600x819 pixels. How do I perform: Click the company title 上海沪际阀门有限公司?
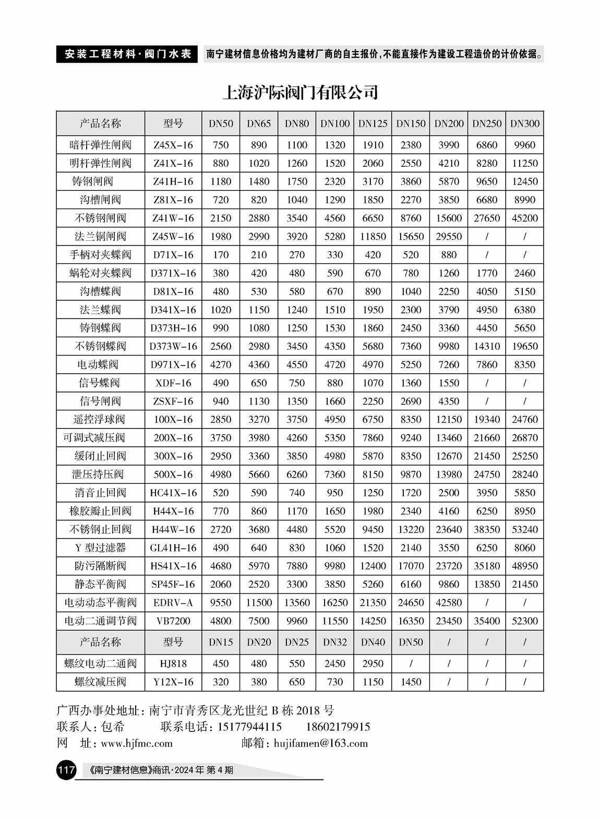coord(300,92)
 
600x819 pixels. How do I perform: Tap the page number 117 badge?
coord(66,769)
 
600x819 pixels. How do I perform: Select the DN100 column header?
coord(334,124)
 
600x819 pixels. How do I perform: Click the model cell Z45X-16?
coord(173,145)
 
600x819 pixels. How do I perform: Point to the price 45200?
coord(524,218)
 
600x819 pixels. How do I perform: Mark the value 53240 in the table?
coord(524,529)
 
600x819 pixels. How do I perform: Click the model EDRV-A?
coord(173,603)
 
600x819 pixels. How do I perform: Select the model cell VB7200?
coord(173,621)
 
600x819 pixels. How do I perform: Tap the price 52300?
coord(524,621)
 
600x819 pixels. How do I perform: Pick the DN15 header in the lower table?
coord(221,642)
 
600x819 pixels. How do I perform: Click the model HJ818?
coord(173,664)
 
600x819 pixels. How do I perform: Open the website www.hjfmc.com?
coord(136,743)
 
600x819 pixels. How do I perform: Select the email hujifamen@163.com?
coord(320,743)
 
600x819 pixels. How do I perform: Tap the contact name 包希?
coord(113,726)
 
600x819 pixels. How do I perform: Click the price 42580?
coord(448,603)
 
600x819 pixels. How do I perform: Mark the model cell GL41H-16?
coord(173,547)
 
